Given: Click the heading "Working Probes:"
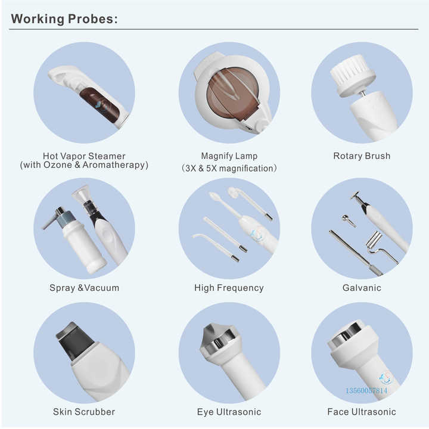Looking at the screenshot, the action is pyautogui.click(x=64, y=19).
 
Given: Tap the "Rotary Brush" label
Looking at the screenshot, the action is pyautogui.click(x=362, y=156).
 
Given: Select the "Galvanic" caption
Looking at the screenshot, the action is pyautogui.click(x=362, y=288).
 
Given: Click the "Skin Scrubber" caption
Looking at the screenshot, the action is pyautogui.click(x=84, y=412).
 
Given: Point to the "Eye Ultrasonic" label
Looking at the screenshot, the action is pyautogui.click(x=229, y=412).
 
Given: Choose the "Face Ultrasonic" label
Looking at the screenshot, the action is pyautogui.click(x=362, y=412).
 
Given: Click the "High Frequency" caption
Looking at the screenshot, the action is pyautogui.click(x=229, y=288).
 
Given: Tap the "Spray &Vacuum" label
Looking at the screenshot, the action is pyautogui.click(x=84, y=288).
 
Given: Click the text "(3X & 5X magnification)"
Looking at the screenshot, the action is pyautogui.click(x=229, y=168).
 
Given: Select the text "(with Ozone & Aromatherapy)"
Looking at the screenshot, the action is pyautogui.click(x=84, y=165).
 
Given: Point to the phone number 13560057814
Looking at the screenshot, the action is pyautogui.click(x=366, y=390).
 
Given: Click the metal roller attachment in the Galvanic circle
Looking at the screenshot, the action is pyautogui.click(x=374, y=240).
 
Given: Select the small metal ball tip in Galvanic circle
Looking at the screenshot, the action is pyautogui.click(x=345, y=218).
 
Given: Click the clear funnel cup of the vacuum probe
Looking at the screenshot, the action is pyautogui.click(x=81, y=194).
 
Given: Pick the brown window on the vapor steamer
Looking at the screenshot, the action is pyautogui.click(x=100, y=105).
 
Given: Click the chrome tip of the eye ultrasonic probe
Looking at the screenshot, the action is pyautogui.click(x=218, y=338).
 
